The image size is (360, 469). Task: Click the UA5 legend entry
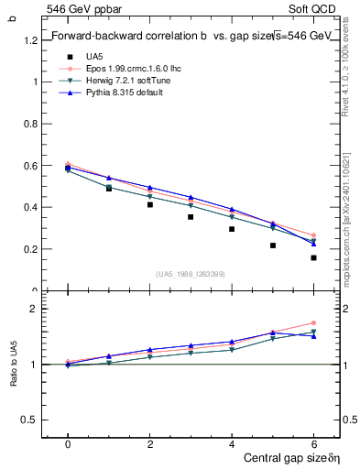(x=92, y=57)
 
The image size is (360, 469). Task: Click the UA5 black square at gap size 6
(x=313, y=257)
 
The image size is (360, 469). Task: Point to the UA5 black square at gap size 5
(x=273, y=245)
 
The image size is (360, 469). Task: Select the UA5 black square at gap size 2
(x=149, y=204)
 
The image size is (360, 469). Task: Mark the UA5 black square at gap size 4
(x=232, y=229)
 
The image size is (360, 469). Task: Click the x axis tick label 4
(x=232, y=444)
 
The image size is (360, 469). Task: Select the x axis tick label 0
(x=68, y=444)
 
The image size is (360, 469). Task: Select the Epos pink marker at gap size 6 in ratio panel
(x=313, y=322)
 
